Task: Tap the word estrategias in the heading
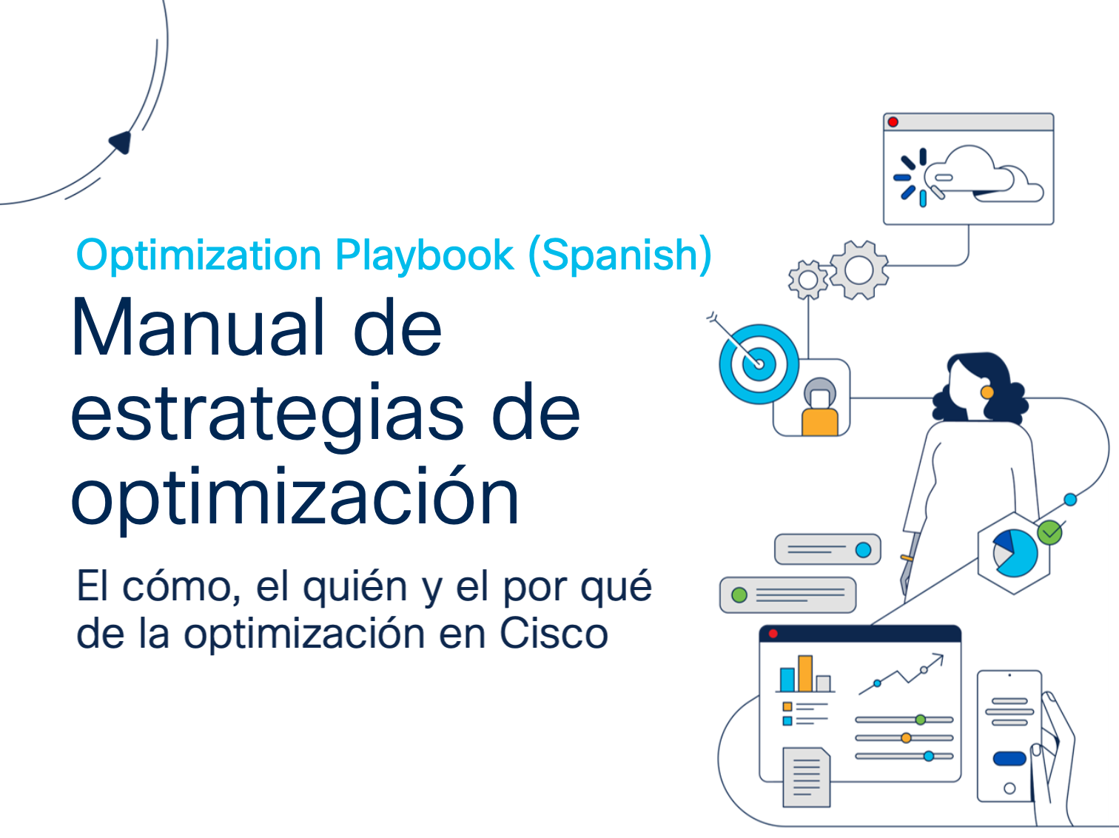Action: click(x=267, y=415)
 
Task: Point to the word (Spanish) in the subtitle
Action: click(x=620, y=255)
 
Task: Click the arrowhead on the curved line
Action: click(x=121, y=141)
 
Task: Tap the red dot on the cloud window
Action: click(x=893, y=122)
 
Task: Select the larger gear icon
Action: click(x=859, y=269)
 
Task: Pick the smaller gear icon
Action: click(x=808, y=280)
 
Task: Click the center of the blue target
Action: click(x=759, y=364)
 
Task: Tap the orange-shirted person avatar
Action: click(x=820, y=406)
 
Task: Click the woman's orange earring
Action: click(x=987, y=392)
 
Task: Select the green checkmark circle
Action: click(x=1049, y=533)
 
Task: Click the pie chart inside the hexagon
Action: click(x=1015, y=553)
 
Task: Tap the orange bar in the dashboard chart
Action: click(x=805, y=674)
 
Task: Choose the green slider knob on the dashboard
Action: click(x=920, y=720)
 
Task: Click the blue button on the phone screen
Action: click(x=1009, y=759)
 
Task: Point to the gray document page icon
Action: click(x=807, y=777)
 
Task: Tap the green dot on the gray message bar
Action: click(x=739, y=595)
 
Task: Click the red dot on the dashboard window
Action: click(x=773, y=634)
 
